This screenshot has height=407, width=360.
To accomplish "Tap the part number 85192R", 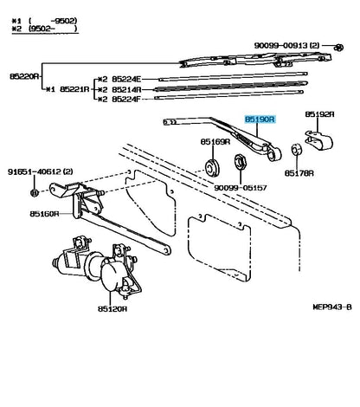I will [320, 113].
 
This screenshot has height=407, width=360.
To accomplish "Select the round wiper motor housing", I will [114, 275].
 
